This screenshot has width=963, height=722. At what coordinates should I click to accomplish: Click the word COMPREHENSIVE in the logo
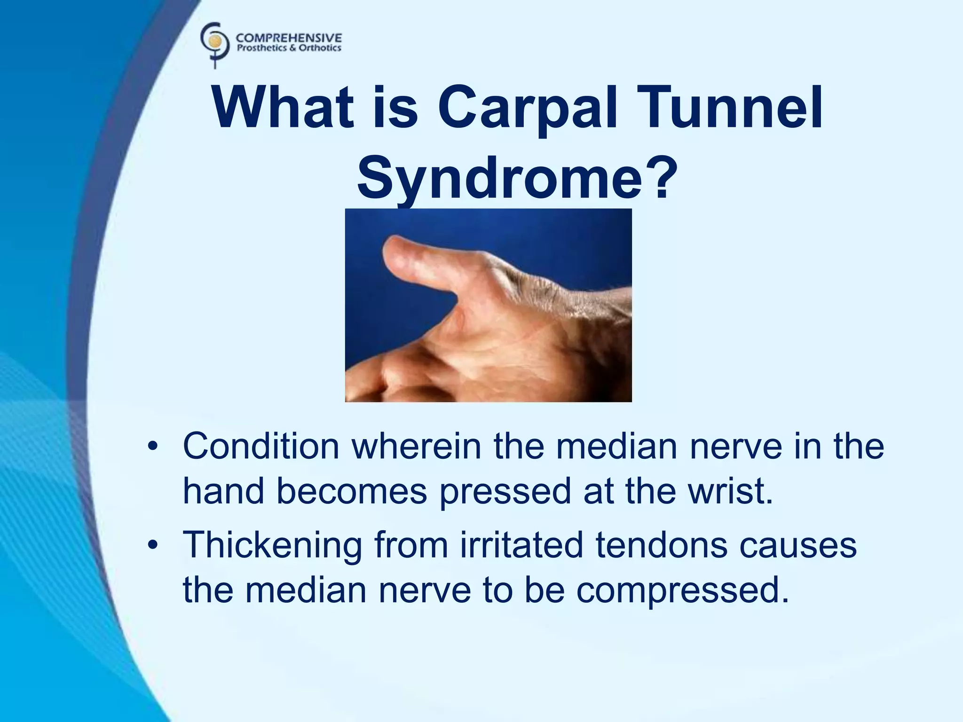tap(289, 38)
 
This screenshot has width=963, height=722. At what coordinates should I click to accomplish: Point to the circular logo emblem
tap(215, 42)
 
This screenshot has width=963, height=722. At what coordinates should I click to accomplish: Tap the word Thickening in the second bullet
tap(272, 545)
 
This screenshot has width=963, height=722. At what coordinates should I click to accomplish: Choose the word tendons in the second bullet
tap(661, 545)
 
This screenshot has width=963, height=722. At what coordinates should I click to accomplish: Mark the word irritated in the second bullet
tap(521, 545)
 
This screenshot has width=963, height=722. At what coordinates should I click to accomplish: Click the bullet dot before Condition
tap(151, 447)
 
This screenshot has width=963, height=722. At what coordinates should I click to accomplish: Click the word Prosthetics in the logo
tap(262, 48)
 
